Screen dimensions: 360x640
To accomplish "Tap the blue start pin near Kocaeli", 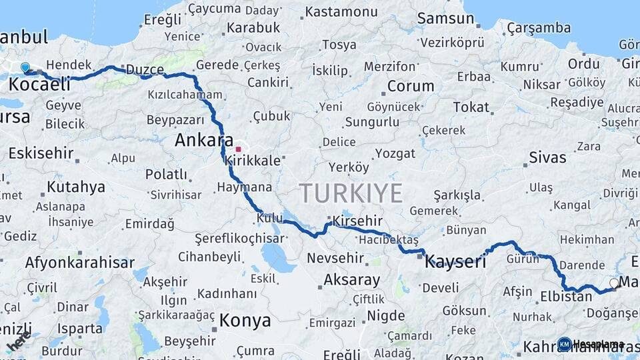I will tap(25, 67).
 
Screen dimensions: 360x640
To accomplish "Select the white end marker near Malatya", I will tap(614, 283).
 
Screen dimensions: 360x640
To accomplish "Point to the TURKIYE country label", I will tap(351, 193).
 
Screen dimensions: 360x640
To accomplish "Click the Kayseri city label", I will tap(455, 262).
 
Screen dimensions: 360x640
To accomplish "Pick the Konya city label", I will tap(245, 320).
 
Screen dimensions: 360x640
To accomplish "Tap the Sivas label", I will tap(547, 157).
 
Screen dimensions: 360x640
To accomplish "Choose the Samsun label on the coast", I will tap(445, 18).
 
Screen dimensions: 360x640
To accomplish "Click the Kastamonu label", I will tap(341, 12).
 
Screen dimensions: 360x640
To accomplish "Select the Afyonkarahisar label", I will tap(80, 262).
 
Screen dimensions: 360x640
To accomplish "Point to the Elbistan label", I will tap(566, 296).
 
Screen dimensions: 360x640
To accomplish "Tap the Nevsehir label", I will tap(335, 257).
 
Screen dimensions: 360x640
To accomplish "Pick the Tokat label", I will tap(471, 107).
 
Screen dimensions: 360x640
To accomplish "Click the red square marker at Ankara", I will tap(238, 149).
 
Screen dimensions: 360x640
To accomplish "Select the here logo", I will tap(18, 341).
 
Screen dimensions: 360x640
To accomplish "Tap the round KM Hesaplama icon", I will tap(564, 344).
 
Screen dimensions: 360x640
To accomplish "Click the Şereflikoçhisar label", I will tap(239, 239).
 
